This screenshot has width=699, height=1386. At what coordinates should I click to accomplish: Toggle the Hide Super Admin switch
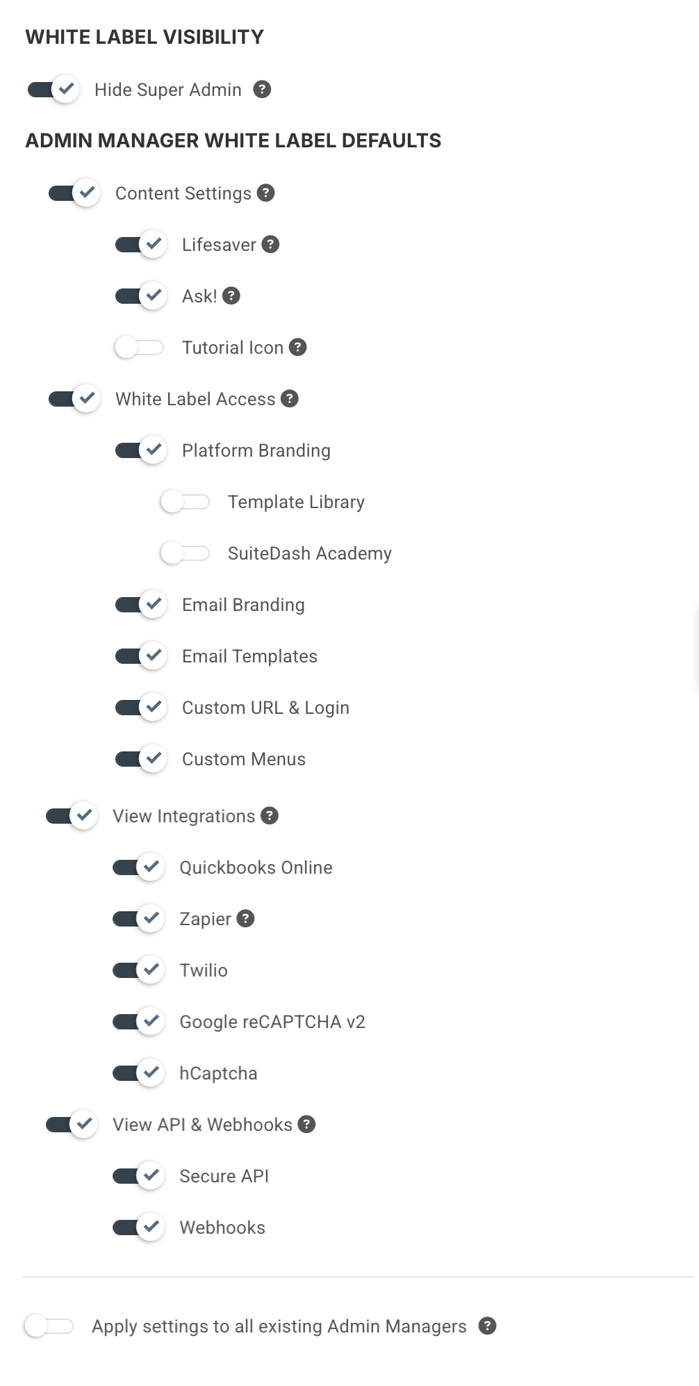point(54,90)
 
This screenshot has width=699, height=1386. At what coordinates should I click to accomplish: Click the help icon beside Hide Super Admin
point(262,89)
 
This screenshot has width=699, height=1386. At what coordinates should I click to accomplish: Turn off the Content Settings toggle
point(74,193)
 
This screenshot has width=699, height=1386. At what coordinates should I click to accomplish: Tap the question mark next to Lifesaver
point(270,244)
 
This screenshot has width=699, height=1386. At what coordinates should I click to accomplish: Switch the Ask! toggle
point(141,295)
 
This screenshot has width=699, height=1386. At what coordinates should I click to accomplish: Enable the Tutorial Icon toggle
point(140,347)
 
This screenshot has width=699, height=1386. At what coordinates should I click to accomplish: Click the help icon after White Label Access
point(290,398)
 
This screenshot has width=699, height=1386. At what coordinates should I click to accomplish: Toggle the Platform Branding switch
point(141,450)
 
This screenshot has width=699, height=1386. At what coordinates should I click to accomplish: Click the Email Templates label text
point(249,656)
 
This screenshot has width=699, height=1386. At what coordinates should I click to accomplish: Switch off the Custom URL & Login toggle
point(141,707)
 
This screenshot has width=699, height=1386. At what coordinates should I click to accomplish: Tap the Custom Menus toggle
point(141,758)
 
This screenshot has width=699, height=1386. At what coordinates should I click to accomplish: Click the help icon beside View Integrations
point(270,815)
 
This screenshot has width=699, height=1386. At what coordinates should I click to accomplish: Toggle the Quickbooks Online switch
point(138,867)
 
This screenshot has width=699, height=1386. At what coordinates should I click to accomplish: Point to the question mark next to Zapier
point(245,918)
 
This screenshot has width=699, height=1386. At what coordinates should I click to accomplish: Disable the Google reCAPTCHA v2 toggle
point(138,1021)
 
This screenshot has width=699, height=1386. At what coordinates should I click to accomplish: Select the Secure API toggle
point(138,1175)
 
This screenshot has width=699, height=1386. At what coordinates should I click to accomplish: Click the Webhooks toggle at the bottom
point(138,1227)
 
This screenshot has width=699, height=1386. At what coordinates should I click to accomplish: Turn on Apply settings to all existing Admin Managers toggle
point(49,1326)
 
